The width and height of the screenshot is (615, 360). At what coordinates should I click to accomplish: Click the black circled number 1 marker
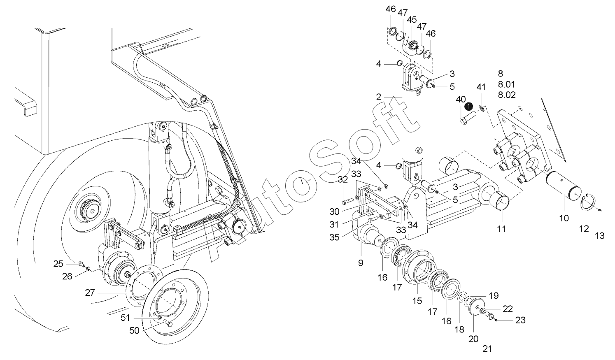tap(468, 106)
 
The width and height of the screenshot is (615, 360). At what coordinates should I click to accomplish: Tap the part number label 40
tap(461, 100)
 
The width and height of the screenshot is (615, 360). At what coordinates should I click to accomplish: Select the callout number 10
tap(564, 218)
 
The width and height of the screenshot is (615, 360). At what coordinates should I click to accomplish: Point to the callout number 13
tap(600, 236)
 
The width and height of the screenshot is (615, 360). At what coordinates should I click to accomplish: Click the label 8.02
tap(507, 94)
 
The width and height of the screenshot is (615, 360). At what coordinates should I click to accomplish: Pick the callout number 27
tap(90, 293)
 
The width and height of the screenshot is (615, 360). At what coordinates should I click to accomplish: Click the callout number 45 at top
tap(412, 20)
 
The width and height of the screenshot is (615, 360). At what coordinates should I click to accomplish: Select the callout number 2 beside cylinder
tap(378, 98)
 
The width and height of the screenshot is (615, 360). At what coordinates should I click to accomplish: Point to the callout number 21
tap(487, 349)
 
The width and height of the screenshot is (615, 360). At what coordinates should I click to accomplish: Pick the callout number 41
tap(481, 87)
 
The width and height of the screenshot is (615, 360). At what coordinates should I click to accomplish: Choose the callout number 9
tap(361, 262)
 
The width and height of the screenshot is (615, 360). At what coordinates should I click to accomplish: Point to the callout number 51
tap(125, 317)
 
